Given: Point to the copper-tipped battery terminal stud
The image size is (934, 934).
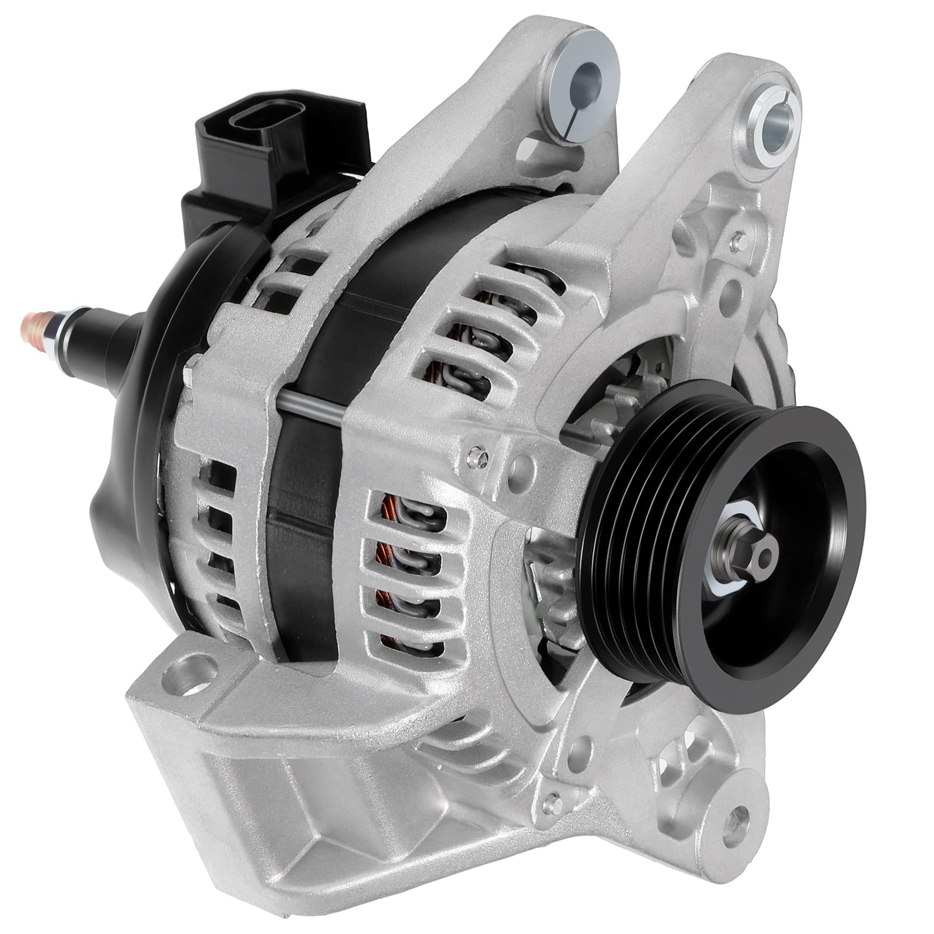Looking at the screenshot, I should tap(30, 320).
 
